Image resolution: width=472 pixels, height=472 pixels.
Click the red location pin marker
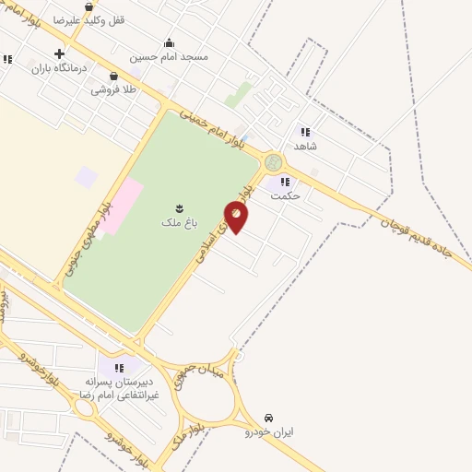pos(236,217)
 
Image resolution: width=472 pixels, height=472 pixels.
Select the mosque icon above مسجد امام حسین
pos(169,42)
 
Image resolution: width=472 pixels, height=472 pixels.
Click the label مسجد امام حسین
pos(181,56)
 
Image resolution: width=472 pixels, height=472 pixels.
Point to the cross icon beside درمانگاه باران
pos(60,53)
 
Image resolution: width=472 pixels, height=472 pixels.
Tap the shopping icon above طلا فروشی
pos(113,77)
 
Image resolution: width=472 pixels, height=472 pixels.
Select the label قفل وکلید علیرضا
pos(91,19)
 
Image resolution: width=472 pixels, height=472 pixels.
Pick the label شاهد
pos(305,146)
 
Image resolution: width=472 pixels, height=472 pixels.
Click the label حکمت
pos(287,195)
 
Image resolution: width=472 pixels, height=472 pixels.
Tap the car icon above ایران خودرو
pos(268,418)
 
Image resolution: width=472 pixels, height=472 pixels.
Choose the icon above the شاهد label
pos(305,132)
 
